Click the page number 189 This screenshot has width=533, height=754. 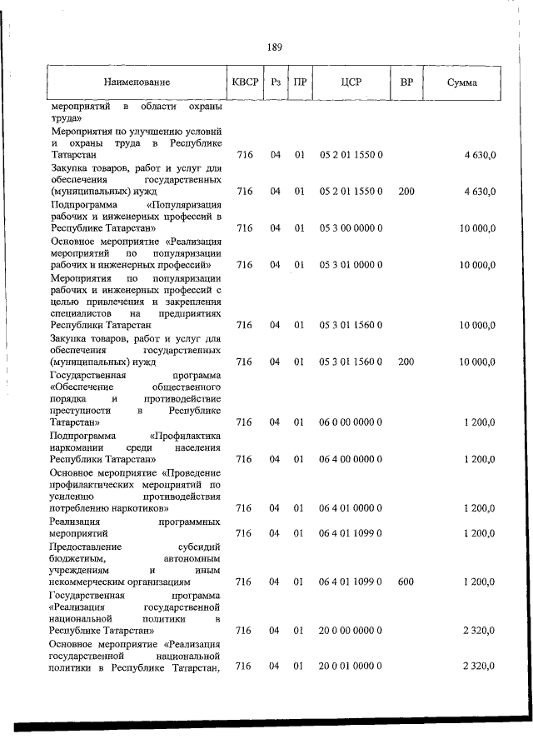(x=275, y=47)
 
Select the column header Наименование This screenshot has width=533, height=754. (x=137, y=82)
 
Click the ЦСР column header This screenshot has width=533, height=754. (x=351, y=82)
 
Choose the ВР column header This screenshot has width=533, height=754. (x=406, y=82)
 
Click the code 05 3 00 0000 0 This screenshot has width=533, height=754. (x=351, y=228)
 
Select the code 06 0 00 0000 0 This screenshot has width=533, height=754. (x=351, y=422)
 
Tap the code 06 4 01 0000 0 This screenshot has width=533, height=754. (x=351, y=507)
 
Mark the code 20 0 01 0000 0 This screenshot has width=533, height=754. (x=351, y=667)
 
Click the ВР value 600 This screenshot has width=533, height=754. (x=406, y=581)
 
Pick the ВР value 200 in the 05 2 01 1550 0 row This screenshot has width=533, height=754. (x=406, y=192)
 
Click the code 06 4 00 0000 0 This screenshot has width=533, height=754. (x=351, y=459)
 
